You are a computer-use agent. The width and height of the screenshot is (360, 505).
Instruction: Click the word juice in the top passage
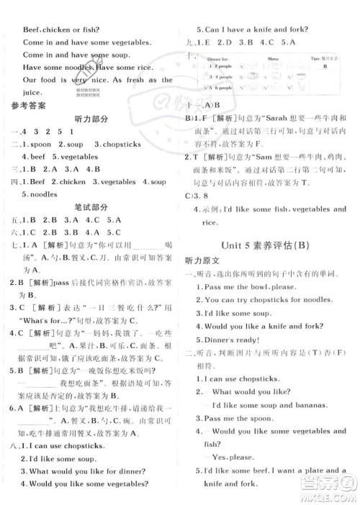click(34, 93)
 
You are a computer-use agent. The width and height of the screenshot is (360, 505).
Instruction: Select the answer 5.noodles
click(44, 194)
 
